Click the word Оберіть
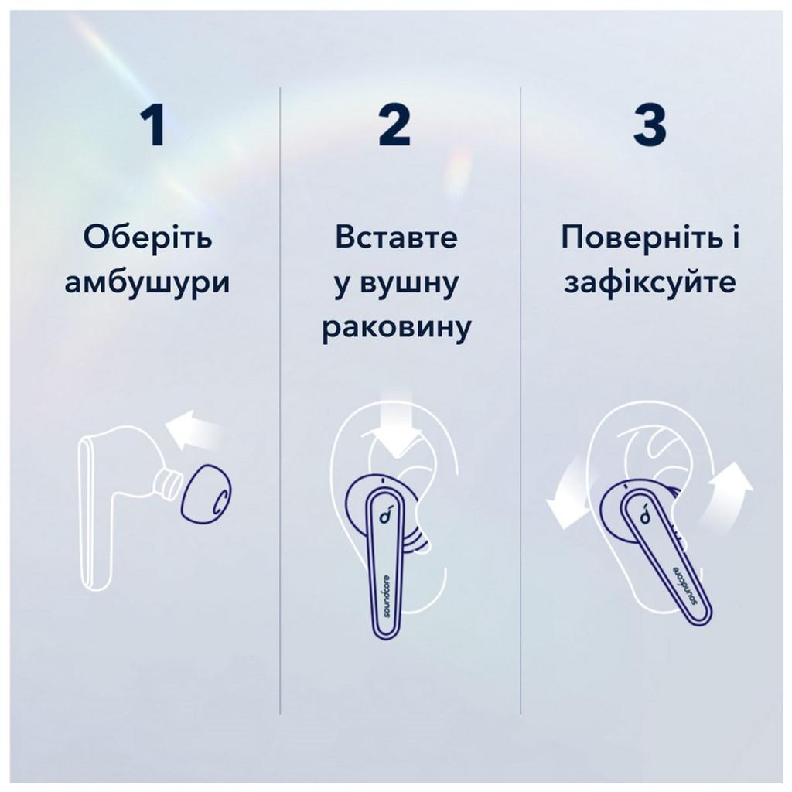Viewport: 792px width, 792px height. coord(147,238)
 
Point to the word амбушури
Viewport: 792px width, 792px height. coord(147,283)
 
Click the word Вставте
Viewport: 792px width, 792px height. coord(396,238)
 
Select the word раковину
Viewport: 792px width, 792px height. coord(396,329)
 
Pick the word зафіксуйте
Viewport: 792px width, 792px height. coord(650,283)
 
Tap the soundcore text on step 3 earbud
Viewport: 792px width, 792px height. coord(684,582)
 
